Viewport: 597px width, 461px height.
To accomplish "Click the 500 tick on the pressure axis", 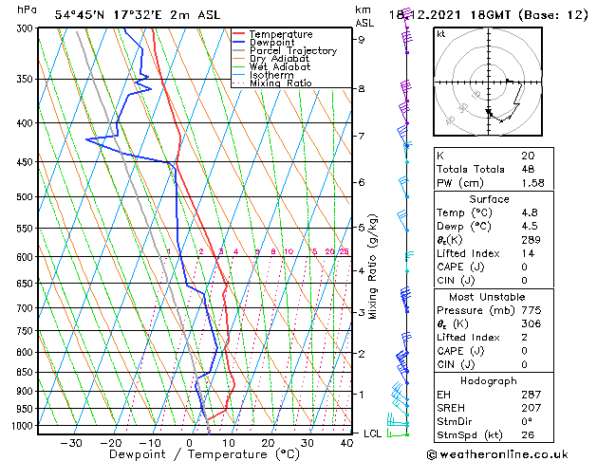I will (26, 197).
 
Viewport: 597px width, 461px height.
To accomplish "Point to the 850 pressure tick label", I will (26, 372).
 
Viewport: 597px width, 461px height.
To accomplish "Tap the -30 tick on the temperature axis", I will (71, 442).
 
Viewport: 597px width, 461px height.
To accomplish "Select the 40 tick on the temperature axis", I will (345, 442).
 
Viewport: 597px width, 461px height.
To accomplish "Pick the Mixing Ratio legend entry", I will (281, 83).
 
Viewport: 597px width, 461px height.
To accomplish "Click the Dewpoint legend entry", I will (272, 43).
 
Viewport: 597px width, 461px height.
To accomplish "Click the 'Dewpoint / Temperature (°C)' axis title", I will (191, 454).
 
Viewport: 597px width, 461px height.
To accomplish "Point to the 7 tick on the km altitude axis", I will (362, 137).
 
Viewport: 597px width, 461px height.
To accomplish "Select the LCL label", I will (374, 433).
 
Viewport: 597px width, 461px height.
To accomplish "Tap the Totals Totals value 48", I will (528, 169).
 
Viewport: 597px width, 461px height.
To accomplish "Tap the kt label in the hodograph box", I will (440, 34).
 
